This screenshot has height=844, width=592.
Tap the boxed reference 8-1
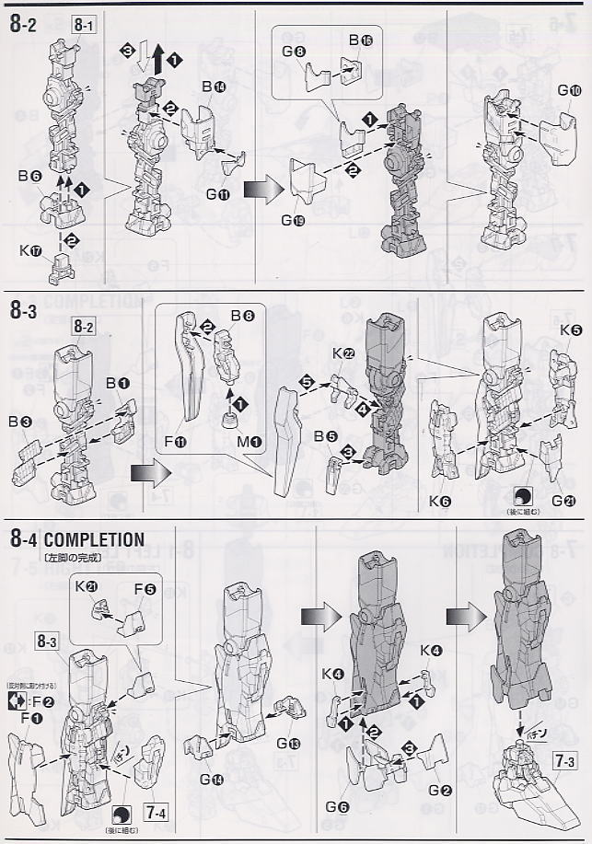click(83, 25)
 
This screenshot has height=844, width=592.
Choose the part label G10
click(569, 91)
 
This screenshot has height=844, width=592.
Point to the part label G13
click(287, 745)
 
